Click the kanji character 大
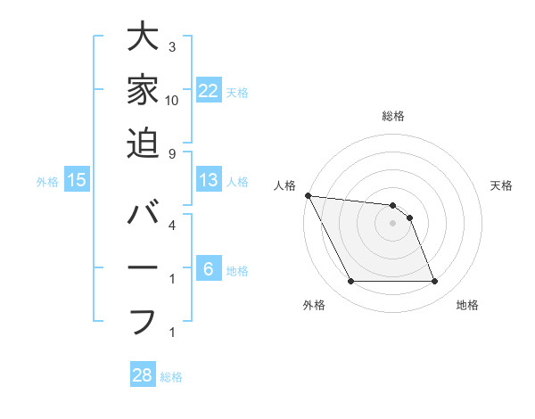[x=143, y=39]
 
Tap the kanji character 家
[x=143, y=91]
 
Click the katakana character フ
[x=143, y=319]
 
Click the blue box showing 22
[x=209, y=91]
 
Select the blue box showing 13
[x=209, y=180]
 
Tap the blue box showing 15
[x=77, y=180]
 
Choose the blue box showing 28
[x=143, y=375]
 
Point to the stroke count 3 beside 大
[x=171, y=46]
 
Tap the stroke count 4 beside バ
[x=171, y=225]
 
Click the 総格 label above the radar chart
[x=392, y=116]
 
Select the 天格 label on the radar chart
[x=501, y=185]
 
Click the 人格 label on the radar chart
[x=284, y=185]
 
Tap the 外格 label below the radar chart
[x=314, y=305]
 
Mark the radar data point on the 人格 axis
[x=308, y=195]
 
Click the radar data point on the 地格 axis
[x=435, y=282]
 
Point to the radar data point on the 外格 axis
[x=350, y=282]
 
